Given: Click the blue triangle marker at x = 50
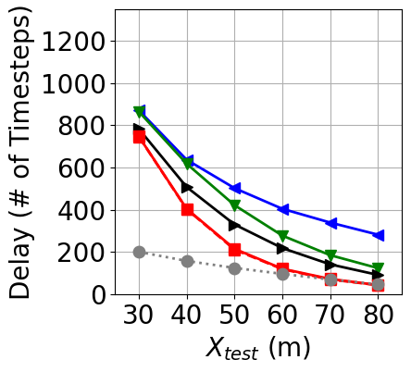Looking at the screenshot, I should (235, 189).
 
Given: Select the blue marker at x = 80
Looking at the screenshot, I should (379, 235).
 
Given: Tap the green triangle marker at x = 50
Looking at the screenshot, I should (235, 205).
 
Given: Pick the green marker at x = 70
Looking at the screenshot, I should (330, 255).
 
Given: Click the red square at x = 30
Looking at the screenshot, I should (139, 136).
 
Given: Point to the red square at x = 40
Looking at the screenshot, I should (187, 210).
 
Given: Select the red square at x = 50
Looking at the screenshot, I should (235, 250).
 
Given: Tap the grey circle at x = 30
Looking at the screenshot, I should (139, 252).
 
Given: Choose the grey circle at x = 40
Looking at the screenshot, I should (187, 261).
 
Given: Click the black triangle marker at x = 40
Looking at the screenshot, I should (187, 188).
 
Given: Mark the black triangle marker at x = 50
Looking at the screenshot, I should (235, 225).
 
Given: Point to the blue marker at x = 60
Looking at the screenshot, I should (283, 209).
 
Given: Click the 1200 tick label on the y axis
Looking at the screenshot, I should (78, 41).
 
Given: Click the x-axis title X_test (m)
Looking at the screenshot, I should (257, 349).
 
